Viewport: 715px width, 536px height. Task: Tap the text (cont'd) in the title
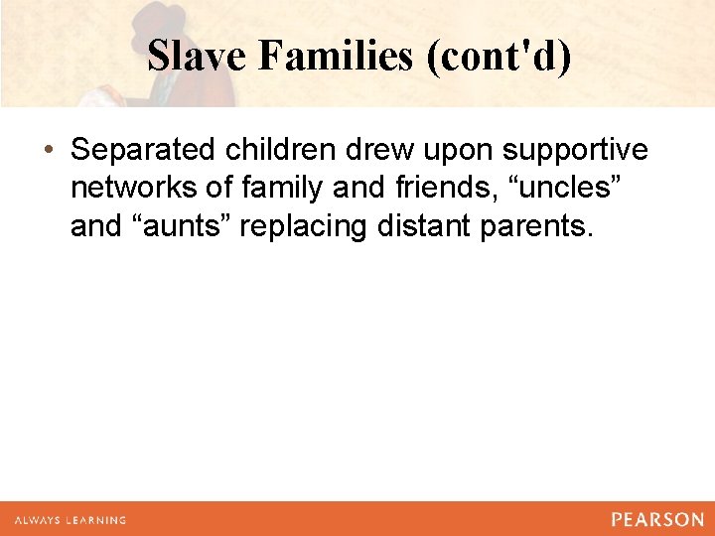(x=498, y=57)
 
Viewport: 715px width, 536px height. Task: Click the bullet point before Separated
(x=49, y=151)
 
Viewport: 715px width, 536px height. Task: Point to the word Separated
(x=144, y=150)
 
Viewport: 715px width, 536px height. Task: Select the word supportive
(x=575, y=151)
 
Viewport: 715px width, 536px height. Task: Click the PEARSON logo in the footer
(x=656, y=519)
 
